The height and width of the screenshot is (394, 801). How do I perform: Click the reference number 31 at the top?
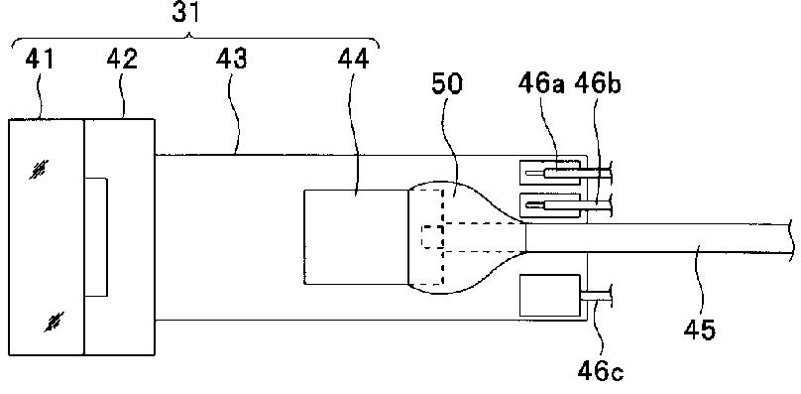(185, 13)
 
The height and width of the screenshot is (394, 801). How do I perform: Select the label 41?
(40, 60)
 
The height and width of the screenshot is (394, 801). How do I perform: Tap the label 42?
(122, 60)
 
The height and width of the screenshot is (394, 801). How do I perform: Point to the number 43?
(231, 60)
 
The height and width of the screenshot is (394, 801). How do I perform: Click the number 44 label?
(353, 60)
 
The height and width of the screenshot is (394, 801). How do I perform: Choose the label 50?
(447, 84)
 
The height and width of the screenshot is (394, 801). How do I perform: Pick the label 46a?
(541, 84)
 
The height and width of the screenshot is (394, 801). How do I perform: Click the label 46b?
(597, 84)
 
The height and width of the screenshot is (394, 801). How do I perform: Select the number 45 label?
(700, 329)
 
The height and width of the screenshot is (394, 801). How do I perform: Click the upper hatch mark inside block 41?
(40, 170)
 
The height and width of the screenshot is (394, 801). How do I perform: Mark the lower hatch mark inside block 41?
(55, 322)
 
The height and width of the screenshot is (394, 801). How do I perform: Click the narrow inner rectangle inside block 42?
(96, 237)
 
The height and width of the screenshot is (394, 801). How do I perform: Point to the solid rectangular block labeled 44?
(356, 237)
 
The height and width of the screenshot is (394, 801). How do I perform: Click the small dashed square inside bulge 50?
(432, 237)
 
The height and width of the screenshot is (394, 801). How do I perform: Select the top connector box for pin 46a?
(550, 173)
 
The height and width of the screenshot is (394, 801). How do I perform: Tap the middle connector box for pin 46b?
(550, 205)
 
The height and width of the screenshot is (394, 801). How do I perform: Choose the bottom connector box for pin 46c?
(550, 295)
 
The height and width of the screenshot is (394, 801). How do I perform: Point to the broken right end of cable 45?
(791, 238)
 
